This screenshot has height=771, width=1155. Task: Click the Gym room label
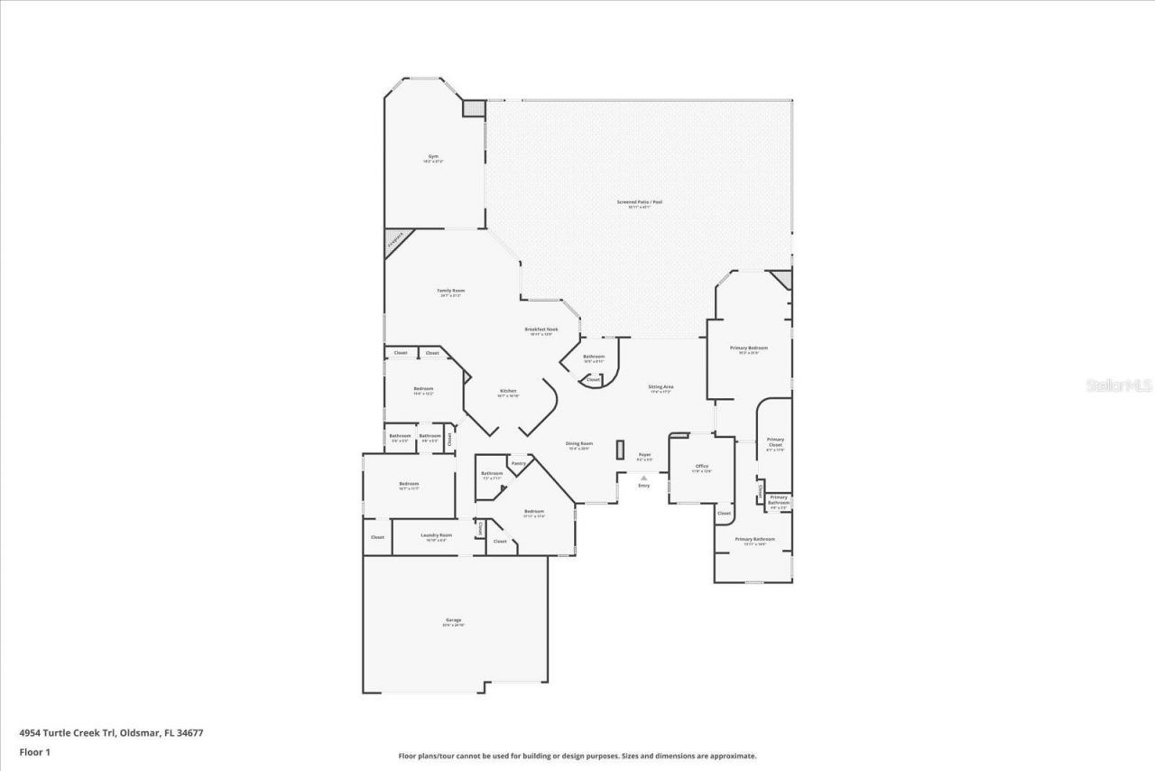pos(434,157)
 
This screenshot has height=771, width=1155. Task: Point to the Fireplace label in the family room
pos(394,241)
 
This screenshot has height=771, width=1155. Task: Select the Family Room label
pos(451,290)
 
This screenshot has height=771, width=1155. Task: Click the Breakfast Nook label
pos(541,330)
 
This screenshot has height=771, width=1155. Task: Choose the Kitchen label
pos(508,391)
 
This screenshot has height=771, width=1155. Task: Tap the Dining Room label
pos(578,443)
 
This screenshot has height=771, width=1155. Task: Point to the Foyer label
pos(644,454)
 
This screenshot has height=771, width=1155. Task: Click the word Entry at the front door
pos(643,486)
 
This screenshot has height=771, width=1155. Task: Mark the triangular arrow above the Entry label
pos(643,478)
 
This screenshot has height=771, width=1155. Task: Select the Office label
pos(701,466)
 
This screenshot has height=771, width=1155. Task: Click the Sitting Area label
pos(661,386)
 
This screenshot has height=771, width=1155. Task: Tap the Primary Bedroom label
pos(749,348)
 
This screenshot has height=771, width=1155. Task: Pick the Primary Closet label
pos(775,441)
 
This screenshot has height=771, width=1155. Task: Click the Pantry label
pos(518,463)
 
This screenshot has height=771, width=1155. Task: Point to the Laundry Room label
pos(436,534)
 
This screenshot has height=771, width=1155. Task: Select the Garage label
pos(453,620)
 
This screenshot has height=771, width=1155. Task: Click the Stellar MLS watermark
pos(1119,385)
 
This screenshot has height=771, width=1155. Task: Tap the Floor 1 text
pos(35,751)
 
